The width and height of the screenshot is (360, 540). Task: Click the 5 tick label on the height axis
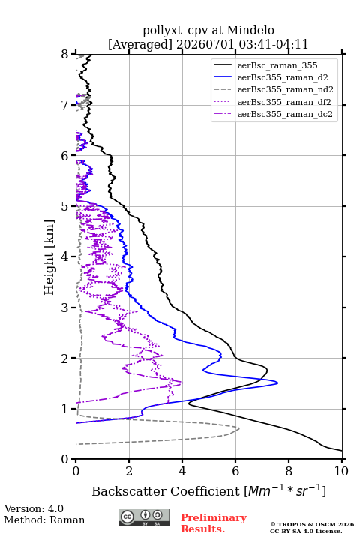(x=64, y=206)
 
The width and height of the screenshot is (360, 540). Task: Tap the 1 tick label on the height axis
(x=64, y=409)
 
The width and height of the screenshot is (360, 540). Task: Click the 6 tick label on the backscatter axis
(x=235, y=471)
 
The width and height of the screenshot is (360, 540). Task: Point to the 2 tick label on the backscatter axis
(x=129, y=471)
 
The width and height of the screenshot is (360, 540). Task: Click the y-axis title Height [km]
(x=49, y=257)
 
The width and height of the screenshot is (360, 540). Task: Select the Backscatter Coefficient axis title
(x=208, y=491)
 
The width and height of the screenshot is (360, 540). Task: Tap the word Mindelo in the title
(x=250, y=30)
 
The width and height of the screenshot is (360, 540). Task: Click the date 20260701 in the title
(x=205, y=44)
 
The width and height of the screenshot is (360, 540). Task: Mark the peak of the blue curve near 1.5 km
(x=277, y=382)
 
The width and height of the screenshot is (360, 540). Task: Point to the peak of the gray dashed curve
(x=239, y=428)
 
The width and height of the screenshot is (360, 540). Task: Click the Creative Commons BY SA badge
(x=144, y=518)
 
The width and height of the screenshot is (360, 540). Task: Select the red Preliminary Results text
(x=214, y=523)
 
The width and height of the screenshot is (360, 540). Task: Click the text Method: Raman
(x=44, y=520)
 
